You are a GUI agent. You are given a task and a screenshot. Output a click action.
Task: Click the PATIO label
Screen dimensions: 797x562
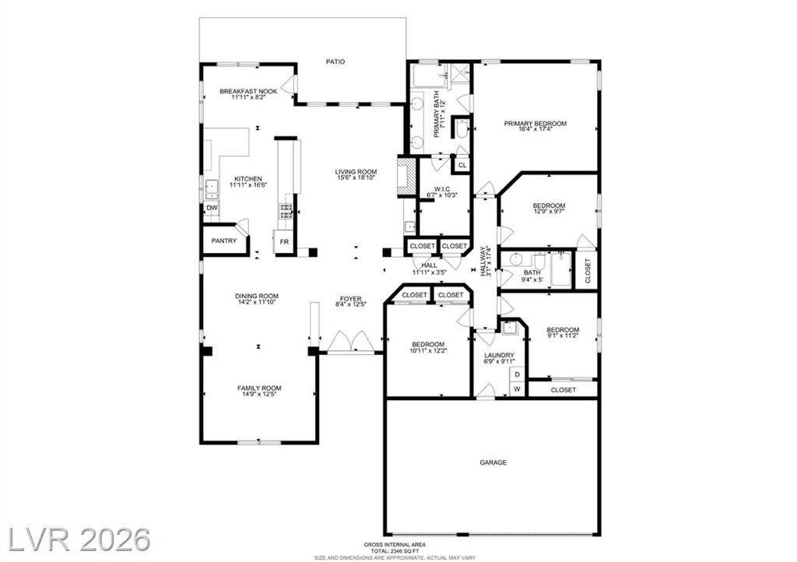click(335, 61)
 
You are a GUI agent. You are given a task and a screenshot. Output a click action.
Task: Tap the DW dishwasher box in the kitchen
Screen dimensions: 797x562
click(212, 208)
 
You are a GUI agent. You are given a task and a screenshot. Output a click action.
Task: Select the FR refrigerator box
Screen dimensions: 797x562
click(284, 241)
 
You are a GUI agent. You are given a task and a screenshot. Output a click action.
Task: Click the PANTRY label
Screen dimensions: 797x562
click(223, 241)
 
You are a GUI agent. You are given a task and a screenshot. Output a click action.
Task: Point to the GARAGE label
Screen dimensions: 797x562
click(493, 462)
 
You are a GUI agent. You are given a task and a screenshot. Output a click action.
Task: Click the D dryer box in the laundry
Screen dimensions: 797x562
click(518, 374)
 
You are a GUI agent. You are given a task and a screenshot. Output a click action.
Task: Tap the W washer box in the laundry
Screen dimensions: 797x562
click(518, 389)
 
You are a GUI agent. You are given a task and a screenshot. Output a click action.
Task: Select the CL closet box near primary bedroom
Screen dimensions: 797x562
click(462, 165)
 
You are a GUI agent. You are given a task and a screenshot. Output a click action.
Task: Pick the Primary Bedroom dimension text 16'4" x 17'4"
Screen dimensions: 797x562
click(535, 129)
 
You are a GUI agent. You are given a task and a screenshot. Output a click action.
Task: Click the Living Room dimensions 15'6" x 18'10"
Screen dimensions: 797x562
click(356, 177)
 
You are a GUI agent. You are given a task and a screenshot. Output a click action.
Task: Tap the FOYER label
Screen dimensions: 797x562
click(351, 299)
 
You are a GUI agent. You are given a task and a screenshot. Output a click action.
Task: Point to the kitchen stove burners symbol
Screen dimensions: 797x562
click(286, 211)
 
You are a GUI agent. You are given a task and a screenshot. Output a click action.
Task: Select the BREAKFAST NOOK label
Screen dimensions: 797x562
click(248, 92)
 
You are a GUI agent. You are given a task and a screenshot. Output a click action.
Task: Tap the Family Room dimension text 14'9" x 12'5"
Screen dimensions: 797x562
click(259, 394)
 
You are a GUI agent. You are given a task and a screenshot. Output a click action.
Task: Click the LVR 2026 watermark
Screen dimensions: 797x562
click(80, 539)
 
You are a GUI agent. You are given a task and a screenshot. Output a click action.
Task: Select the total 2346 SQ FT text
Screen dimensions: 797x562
click(395, 551)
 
